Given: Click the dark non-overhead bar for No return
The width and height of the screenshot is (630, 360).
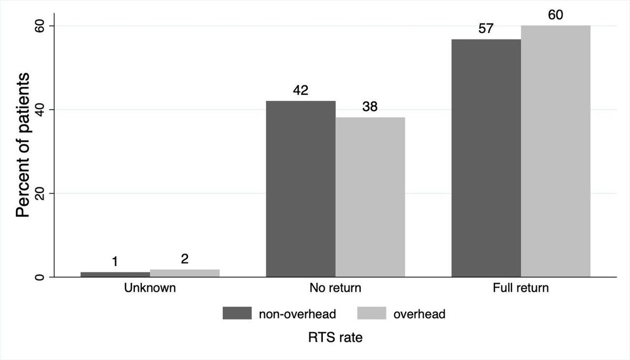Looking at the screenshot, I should tap(300, 189).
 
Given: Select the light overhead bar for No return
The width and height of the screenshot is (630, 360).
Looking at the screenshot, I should tap(370, 197).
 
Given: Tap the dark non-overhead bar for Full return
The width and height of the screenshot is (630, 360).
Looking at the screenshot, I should tap(486, 158).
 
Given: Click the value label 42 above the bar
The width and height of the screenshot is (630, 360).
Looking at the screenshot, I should tap(301, 90).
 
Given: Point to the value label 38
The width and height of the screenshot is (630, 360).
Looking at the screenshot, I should tap(370, 107).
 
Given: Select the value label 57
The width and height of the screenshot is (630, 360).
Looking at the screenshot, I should tap(486, 28).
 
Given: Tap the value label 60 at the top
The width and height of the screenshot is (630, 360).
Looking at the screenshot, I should tap(555, 15).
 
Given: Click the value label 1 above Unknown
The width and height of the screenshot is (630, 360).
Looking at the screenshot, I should tap(115, 261).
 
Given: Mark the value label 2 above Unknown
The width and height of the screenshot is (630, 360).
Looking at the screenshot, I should tap(185, 259).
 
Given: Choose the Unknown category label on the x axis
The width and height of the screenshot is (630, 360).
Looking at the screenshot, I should tap(150, 288).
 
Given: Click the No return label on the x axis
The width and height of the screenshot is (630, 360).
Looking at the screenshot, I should tap(335, 288).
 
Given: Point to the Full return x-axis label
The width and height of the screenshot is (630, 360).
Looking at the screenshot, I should tap(521, 288).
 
